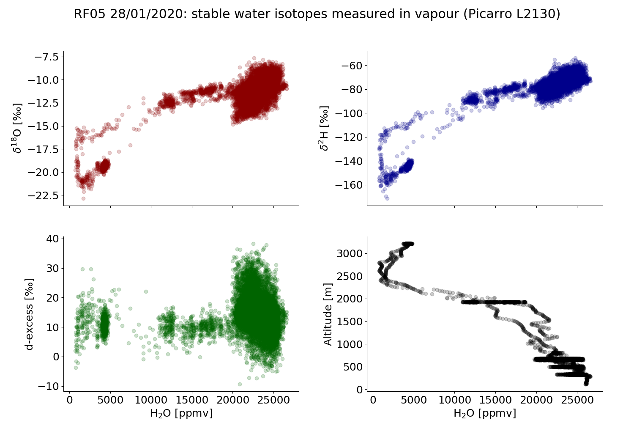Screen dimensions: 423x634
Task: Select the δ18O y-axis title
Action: coord(17,128)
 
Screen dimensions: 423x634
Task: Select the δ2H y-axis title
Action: coord(324,128)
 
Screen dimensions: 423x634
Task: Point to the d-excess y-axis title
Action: coord(29,314)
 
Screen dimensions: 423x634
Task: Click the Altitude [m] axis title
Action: coord(328,314)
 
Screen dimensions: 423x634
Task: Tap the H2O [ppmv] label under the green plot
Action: coord(181,413)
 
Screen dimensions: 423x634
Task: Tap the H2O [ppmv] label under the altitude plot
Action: coord(485,413)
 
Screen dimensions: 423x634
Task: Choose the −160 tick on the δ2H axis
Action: coord(350,185)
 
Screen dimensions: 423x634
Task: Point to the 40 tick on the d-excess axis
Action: coord(52,239)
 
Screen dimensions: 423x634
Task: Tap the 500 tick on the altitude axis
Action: coord(353,367)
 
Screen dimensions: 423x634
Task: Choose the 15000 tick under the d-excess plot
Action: coord(192,400)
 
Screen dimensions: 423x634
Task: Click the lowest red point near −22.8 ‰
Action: coord(83,198)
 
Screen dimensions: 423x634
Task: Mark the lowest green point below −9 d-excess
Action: coord(240,384)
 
